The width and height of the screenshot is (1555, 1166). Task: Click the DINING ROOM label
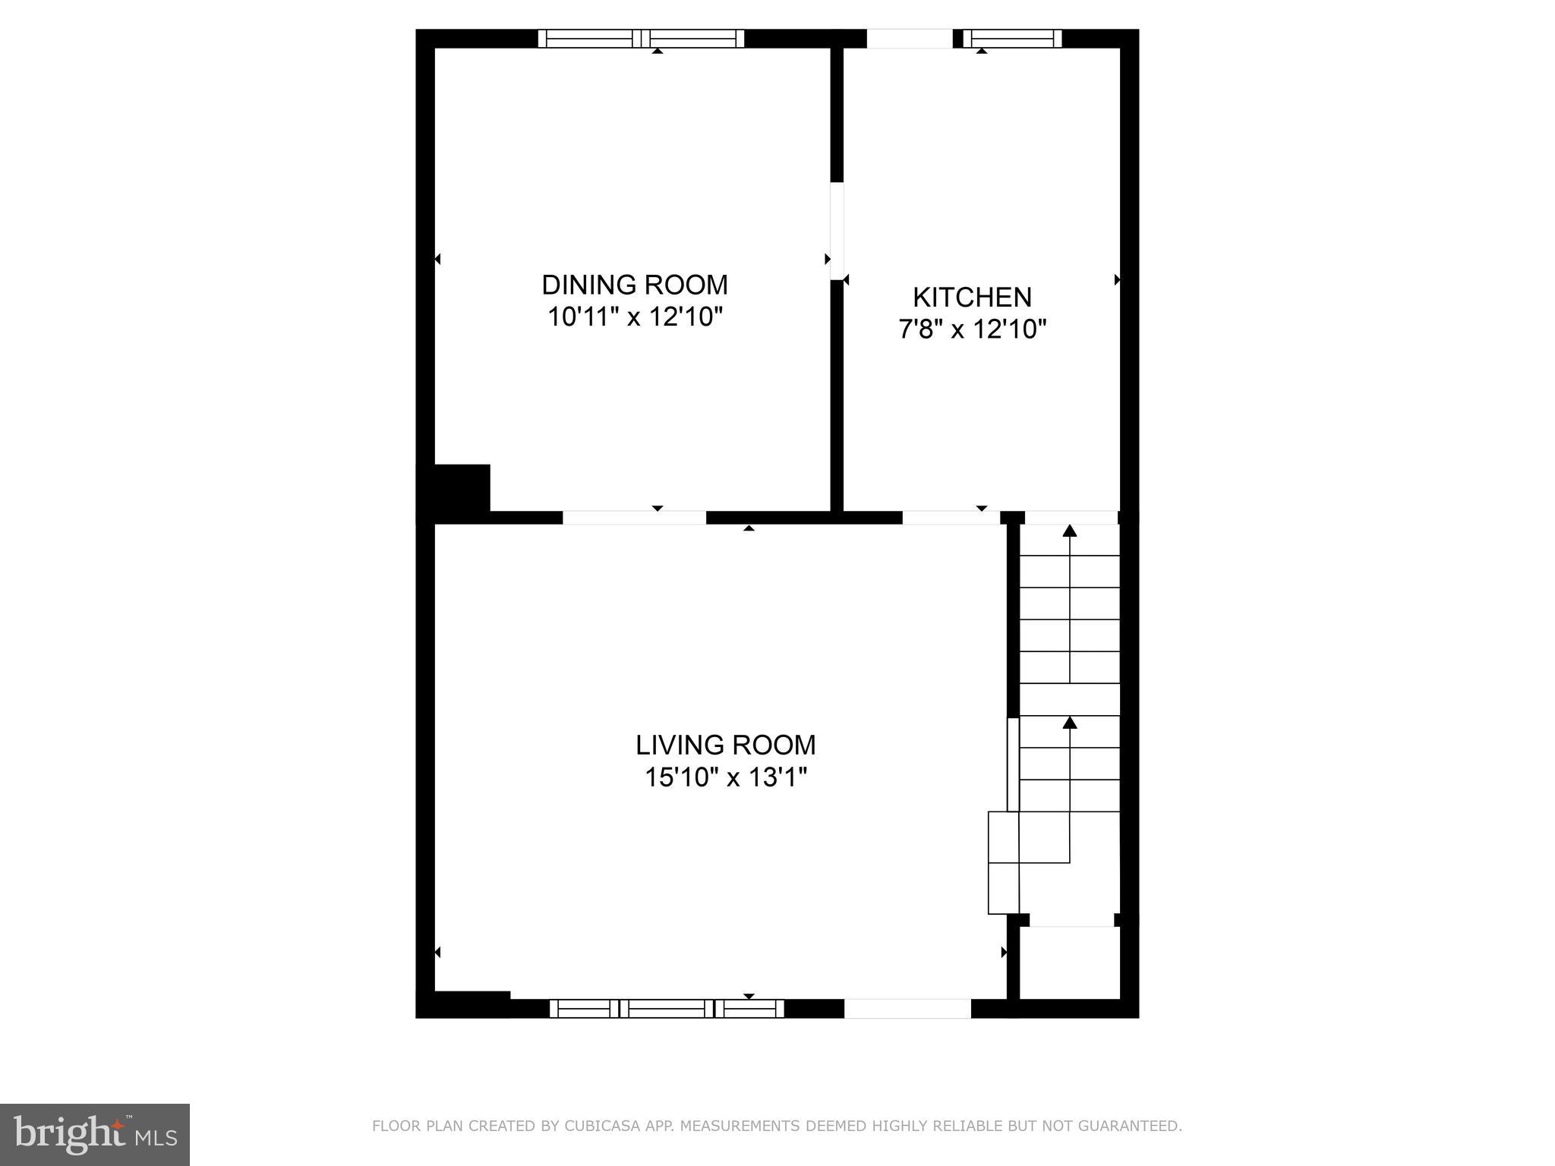pos(634,285)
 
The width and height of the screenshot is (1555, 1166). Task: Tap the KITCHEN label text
pos(972,297)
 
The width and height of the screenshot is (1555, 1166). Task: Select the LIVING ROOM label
pos(725,745)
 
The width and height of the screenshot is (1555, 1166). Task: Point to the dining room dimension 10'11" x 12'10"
pos(634,317)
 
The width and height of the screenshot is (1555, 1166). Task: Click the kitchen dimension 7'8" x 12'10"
pos(972,329)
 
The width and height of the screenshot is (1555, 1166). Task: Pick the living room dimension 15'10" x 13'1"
pos(725,778)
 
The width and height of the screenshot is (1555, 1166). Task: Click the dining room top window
pos(641,39)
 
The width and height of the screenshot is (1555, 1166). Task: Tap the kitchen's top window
pos(1012,39)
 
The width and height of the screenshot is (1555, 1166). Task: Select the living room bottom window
pos(667,1008)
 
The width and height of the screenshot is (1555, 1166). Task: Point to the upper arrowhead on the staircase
pos(1070,531)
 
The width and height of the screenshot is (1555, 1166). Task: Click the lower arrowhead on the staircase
pos(1070,722)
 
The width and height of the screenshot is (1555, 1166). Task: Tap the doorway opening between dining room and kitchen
pos(837,231)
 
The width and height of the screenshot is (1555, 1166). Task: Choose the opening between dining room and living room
pos(634,518)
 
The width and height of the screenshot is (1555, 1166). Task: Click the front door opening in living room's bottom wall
pos(907,1008)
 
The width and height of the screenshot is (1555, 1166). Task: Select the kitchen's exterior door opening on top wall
pos(910,39)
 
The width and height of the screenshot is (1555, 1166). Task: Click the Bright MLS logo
pos(95,1135)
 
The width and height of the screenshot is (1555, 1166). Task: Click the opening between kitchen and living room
pos(951,518)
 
